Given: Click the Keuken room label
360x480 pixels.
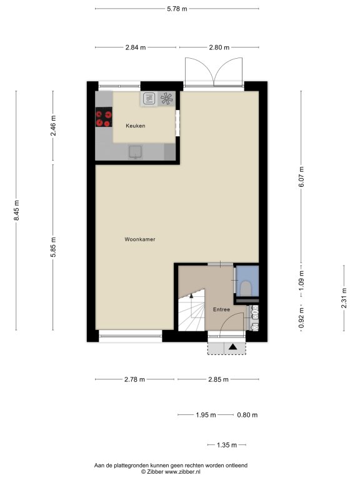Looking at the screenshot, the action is tap(135, 126).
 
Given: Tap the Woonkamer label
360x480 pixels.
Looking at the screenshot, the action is tap(140, 239).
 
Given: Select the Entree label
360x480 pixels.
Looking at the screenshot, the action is tap(221, 309).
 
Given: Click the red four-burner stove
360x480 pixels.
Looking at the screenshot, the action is tap(104, 117).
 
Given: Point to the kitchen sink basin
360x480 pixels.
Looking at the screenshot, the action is tap(135, 152).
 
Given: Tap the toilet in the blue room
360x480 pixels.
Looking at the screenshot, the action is tap(246, 288).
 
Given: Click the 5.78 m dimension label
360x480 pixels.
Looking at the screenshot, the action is tap(177, 9).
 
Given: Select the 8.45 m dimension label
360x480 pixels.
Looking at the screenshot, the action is tap(16, 210).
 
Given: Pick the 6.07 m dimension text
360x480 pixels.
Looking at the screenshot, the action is tap(301, 177).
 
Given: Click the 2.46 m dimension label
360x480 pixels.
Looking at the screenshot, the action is tap(53, 126).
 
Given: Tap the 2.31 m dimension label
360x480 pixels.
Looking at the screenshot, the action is tap(344, 298).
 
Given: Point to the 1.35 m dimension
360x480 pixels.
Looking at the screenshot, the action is tap(227, 445).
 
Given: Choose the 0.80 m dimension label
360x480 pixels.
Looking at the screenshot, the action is tap(247, 415).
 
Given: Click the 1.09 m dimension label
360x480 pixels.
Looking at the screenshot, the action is tap(301, 281).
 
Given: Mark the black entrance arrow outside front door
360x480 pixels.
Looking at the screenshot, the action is tap(233, 346).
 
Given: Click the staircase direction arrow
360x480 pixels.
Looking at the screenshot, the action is tap(191, 296).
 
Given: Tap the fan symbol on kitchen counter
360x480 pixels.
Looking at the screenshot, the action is tap(167, 99).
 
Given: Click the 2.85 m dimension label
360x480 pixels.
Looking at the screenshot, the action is tap(218, 379).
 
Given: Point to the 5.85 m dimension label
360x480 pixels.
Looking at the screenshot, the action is tap(53, 247).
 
